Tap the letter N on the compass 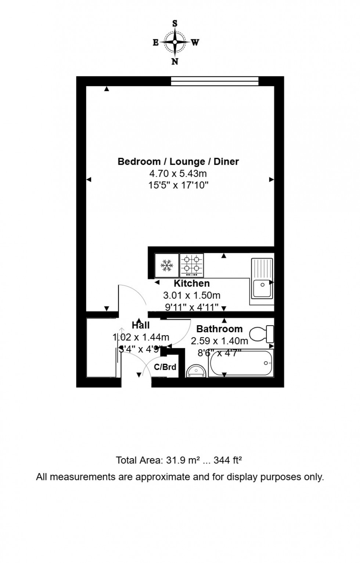175,62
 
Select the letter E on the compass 155,43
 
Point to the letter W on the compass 195,43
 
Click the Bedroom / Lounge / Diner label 178,161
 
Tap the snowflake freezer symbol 167,265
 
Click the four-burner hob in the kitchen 192,265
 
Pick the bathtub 241,364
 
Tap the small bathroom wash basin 197,371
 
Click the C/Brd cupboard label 165,367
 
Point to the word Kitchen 192,283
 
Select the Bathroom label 219,329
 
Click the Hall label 141,325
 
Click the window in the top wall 215,81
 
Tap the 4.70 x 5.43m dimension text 178,173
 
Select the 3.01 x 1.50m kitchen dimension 192,295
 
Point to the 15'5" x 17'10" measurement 178,185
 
